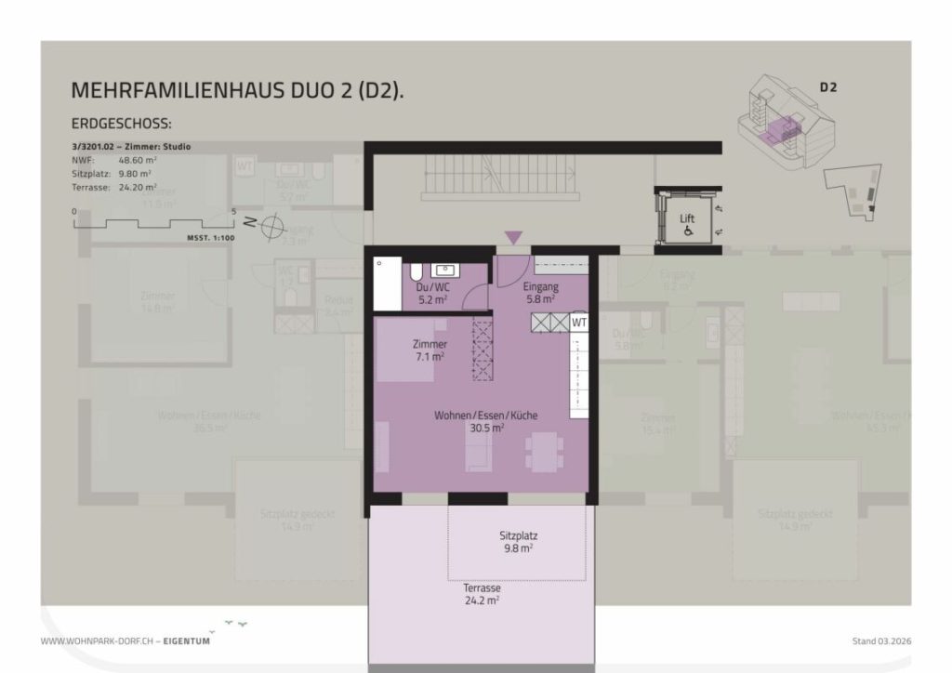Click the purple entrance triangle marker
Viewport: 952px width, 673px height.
(513, 239)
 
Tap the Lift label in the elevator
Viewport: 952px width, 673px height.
(687, 218)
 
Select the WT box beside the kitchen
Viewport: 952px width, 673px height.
(579, 322)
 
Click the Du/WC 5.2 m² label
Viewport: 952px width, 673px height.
(431, 293)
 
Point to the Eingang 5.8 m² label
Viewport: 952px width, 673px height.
(539, 293)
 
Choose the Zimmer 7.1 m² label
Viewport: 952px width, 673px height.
(429, 350)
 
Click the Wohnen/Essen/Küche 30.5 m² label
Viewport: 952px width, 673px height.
(486, 421)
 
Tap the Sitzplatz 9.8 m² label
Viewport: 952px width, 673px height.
(519, 542)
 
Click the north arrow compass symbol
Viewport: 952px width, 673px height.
(272, 224)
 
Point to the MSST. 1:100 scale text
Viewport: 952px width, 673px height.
(209, 238)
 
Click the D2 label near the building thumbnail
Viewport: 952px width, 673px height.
(828, 87)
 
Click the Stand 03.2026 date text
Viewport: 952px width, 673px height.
(881, 641)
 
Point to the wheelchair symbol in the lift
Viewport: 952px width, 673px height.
(688, 231)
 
